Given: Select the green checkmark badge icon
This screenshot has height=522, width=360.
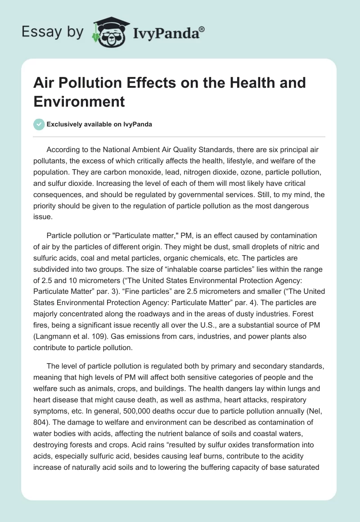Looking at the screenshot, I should [x=39, y=124].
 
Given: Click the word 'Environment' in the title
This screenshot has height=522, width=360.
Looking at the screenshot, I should [x=79, y=101].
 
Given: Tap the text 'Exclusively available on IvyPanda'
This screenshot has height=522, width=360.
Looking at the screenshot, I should [x=99, y=124].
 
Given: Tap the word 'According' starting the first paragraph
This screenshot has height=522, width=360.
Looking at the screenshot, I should [x=63, y=150].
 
